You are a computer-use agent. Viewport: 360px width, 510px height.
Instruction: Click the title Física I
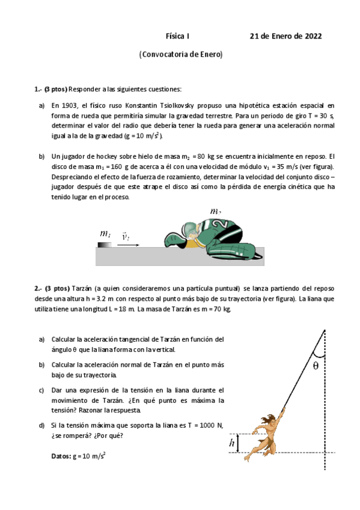point(177,36)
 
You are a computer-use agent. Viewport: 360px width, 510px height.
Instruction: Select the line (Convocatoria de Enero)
point(180,54)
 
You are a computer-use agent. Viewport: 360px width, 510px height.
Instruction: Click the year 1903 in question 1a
point(67,105)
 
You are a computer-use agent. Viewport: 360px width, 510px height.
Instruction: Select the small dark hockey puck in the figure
point(104,244)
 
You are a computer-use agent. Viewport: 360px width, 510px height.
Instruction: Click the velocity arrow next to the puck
point(129,245)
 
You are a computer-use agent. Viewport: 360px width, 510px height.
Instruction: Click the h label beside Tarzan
point(233,443)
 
